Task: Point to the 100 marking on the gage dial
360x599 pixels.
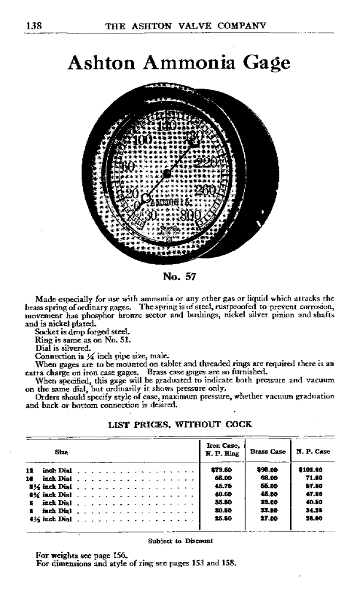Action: pyautogui.click(x=142, y=140)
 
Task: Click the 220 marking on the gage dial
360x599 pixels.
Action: pyautogui.click(x=207, y=164)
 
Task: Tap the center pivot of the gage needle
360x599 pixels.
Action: pyautogui.click(x=167, y=174)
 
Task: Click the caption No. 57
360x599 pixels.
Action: pyautogui.click(x=180, y=275)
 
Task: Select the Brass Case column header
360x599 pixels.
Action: pyautogui.click(x=268, y=451)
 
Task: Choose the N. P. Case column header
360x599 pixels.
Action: pyautogui.click(x=313, y=451)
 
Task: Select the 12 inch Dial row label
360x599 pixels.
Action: pyautogui.click(x=47, y=471)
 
